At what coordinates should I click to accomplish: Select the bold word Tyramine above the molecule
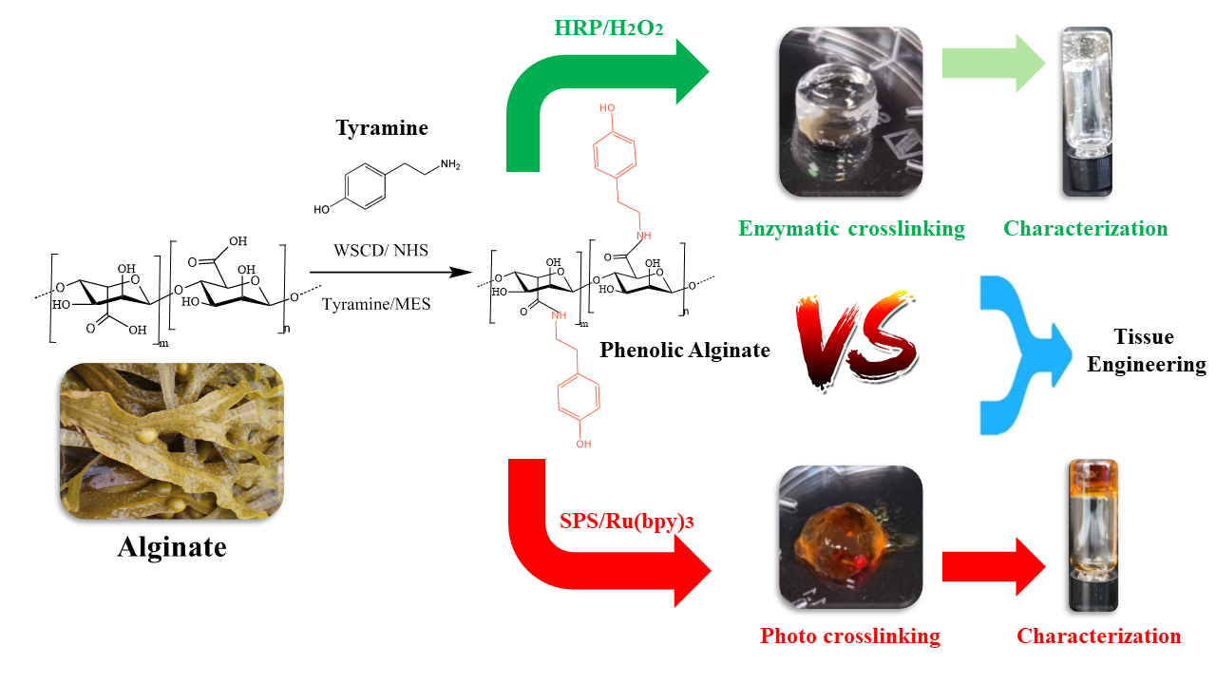[382, 127]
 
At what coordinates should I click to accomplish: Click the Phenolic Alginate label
[685, 351]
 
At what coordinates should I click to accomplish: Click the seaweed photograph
[172, 443]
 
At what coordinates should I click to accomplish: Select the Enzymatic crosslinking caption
[852, 228]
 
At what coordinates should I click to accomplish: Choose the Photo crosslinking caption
[850, 636]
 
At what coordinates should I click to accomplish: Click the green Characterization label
[1085, 228]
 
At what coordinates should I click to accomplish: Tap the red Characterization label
[1098, 636]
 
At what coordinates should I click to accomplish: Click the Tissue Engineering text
[1146, 351]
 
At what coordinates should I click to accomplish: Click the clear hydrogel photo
[851, 111]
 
